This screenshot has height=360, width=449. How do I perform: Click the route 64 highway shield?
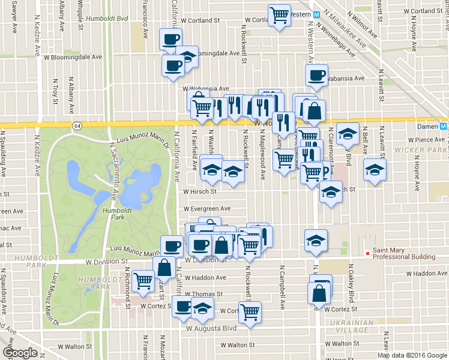click(x=77, y=125)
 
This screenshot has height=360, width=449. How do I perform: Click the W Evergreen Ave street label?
click(x=207, y=208)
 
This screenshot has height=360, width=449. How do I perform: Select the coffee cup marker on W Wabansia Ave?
click(x=316, y=74)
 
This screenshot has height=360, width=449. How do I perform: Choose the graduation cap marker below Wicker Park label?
click(x=375, y=170)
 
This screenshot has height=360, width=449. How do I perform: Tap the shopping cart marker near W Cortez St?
click(x=250, y=310)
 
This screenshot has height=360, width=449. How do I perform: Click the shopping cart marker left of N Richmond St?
click(x=143, y=278)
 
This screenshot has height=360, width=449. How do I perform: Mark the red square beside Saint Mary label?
click(x=368, y=254)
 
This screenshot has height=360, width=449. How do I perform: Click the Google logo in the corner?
click(x=20, y=353)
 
